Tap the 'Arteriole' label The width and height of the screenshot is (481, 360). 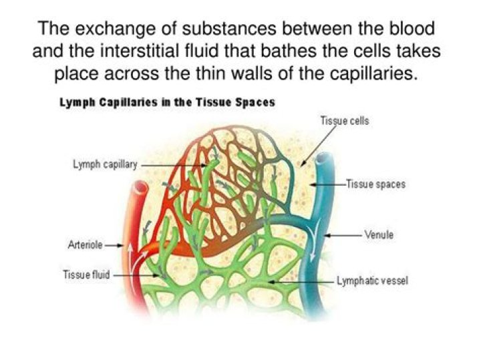pyautogui.click(x=85, y=245)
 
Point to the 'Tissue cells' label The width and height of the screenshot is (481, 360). pyautogui.click(x=345, y=122)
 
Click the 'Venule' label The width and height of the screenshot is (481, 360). pyautogui.click(x=379, y=235)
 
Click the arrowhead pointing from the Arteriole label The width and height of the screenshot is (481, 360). pyautogui.click(x=124, y=245)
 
